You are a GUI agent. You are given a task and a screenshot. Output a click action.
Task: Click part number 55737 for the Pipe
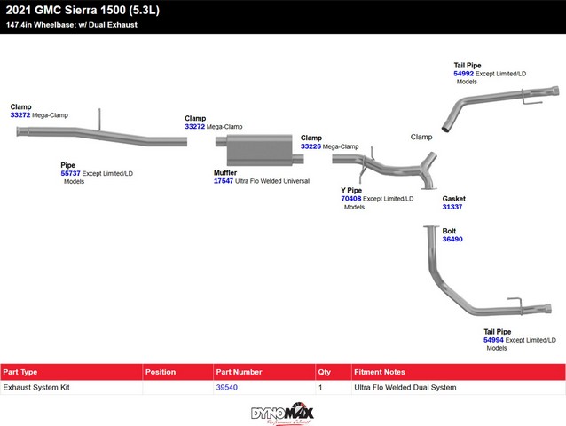(x=70, y=173)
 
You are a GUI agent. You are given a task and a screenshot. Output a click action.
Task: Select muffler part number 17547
(x=224, y=180)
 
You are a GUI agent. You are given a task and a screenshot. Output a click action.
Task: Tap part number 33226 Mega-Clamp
(x=311, y=146)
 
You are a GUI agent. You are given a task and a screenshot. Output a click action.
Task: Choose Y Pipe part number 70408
(x=351, y=199)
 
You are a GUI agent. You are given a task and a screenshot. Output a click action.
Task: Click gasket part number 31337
(x=452, y=207)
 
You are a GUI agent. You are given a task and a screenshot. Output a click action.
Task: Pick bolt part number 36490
(x=452, y=239)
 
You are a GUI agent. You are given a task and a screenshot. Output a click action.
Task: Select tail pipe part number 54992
(x=462, y=74)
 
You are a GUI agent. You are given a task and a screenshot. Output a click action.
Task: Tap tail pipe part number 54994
(x=493, y=340)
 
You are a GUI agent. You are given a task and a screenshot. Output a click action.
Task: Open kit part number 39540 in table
(x=227, y=388)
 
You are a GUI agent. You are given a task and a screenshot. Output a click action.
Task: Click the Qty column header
(x=324, y=372)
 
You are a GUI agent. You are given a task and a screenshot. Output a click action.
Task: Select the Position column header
(x=161, y=372)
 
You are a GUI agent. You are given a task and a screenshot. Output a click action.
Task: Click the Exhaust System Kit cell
(x=36, y=388)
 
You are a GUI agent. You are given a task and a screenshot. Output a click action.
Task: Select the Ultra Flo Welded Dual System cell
(x=405, y=388)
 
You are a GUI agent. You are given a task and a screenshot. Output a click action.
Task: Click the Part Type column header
(x=21, y=372)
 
